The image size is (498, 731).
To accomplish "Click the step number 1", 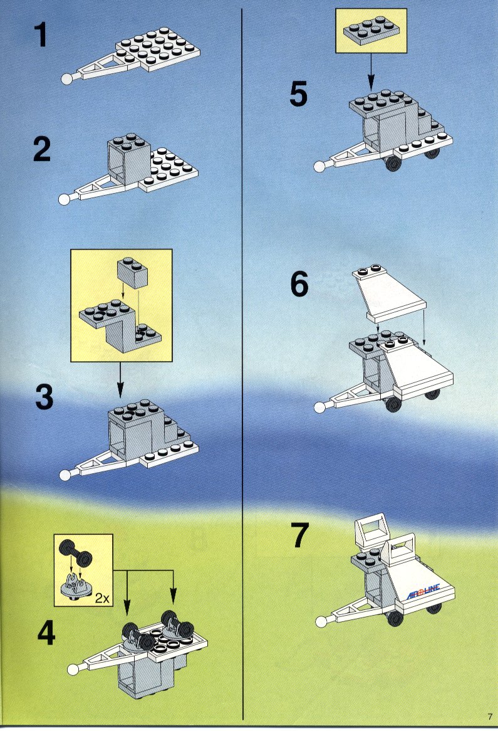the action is click(x=41, y=35).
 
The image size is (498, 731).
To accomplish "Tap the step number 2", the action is click(x=42, y=149).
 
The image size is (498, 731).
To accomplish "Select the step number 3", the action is click(x=44, y=397).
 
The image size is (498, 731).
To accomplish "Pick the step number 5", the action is click(x=298, y=94).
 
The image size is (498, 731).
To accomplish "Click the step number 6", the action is click(x=299, y=283).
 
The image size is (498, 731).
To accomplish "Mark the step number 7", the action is click(x=300, y=535).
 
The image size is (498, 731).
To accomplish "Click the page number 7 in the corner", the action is click(x=490, y=717).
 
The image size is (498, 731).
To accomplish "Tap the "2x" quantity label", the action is click(x=102, y=598).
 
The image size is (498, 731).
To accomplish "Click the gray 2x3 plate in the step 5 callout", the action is click(x=371, y=30).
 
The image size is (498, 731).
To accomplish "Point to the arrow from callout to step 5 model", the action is click(x=371, y=71).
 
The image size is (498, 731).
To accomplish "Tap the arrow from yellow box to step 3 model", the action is click(x=120, y=379).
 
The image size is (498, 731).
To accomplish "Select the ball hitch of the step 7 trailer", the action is click(x=321, y=621).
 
